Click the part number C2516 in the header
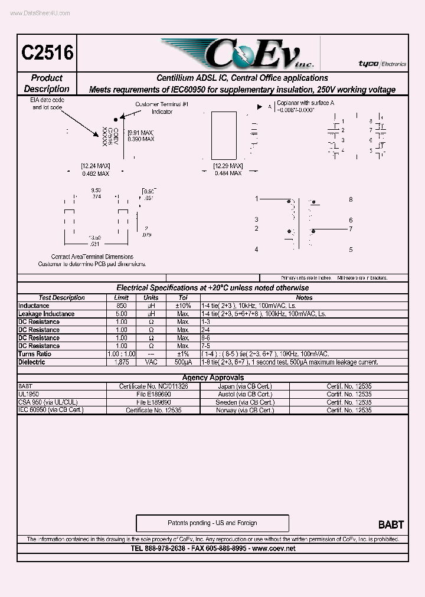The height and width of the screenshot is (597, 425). click(x=47, y=53)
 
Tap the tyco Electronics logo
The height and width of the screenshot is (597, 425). click(x=382, y=64)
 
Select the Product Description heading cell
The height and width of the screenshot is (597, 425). click(x=47, y=83)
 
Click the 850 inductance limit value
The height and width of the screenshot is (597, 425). click(x=121, y=306)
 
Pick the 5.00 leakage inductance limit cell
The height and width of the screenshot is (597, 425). click(x=121, y=314)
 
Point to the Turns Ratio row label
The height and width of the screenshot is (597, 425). click(x=35, y=354)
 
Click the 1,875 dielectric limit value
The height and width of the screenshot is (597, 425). click(x=121, y=362)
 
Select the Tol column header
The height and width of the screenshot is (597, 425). click(x=183, y=298)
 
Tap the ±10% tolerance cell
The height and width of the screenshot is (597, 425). click(x=183, y=306)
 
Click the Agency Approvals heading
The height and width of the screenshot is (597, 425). click(x=212, y=378)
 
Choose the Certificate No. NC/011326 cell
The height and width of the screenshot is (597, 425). click(x=161, y=386)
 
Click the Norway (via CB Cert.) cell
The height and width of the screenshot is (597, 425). click(x=244, y=410)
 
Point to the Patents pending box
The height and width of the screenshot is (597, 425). click(x=212, y=523)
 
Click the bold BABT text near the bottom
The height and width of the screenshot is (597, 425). click(x=391, y=524)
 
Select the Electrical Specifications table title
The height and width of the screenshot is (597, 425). click(x=212, y=288)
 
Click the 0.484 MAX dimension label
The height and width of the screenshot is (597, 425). click(x=228, y=173)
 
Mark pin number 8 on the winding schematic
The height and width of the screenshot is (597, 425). click(x=351, y=199)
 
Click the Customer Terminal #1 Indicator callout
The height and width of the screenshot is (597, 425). click(x=162, y=107)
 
